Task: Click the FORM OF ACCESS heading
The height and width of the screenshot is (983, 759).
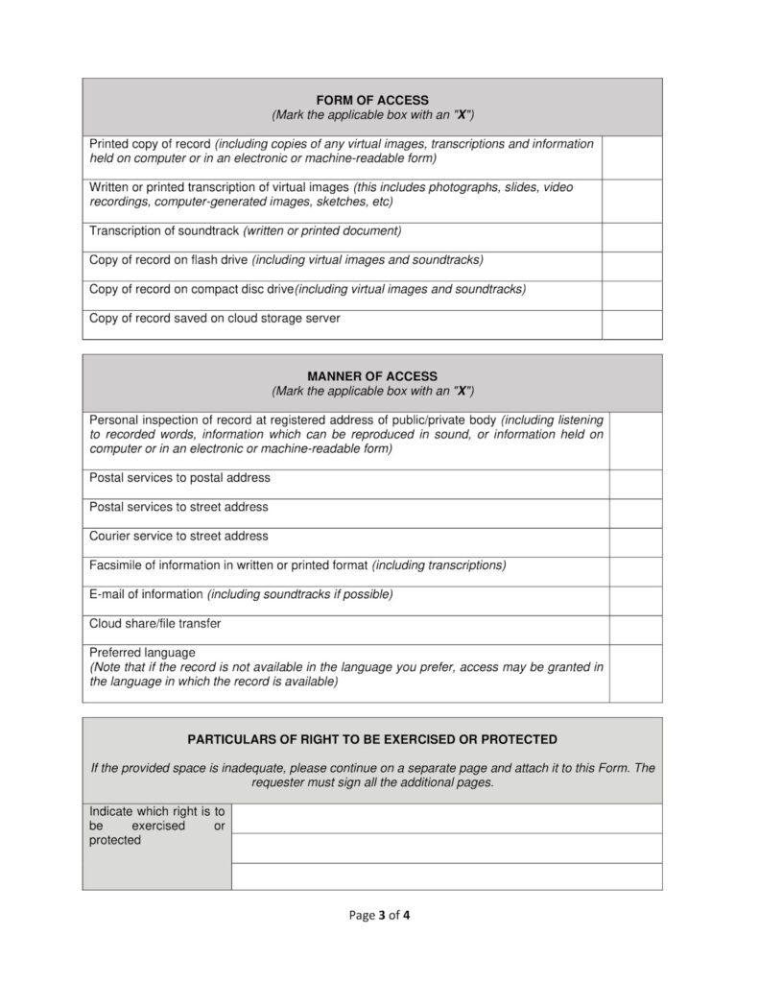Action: coord(372,100)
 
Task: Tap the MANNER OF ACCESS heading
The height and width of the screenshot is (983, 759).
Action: coord(372,376)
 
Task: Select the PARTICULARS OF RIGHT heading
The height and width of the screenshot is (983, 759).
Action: coord(372,740)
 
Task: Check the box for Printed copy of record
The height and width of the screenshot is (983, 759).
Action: coord(631,157)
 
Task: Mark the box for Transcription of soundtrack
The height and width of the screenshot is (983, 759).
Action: coord(631,237)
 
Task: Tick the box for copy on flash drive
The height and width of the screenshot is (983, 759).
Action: coord(631,267)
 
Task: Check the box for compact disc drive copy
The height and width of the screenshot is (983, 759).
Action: coord(631,296)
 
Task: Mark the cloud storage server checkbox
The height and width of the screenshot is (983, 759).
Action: coord(631,324)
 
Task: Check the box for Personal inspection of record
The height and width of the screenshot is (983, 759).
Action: coord(635,441)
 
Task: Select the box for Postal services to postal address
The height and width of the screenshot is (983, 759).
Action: coord(635,484)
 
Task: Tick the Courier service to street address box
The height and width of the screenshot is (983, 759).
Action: coord(635,542)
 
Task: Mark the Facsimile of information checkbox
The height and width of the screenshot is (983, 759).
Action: coord(635,571)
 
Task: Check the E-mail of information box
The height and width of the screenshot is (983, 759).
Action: coord(635,601)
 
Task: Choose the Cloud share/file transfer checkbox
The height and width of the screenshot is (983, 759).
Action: coord(635,630)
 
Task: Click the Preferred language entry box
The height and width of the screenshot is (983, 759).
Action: coord(635,673)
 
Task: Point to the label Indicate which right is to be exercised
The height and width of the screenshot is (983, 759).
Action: coord(156,826)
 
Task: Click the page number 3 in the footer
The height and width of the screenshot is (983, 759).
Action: coord(381,915)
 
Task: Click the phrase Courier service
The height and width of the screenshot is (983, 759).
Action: coord(129,536)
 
